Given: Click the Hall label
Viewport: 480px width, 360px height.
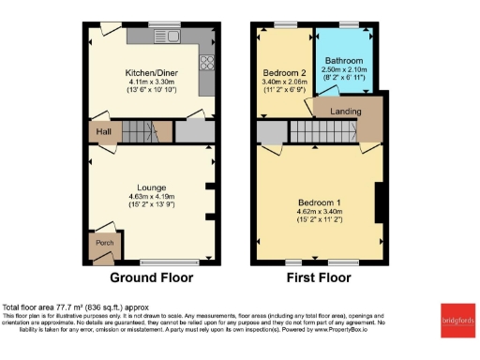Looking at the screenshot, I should (104, 132).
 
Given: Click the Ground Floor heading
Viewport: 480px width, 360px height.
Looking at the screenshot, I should (152, 277).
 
